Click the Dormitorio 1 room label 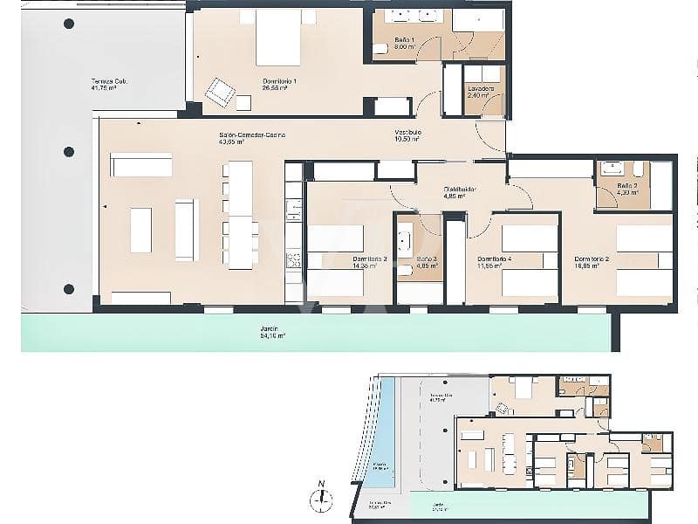point(279,85)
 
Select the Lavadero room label point(481,92)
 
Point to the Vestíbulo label point(407,135)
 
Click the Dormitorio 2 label point(592,262)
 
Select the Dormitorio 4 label point(494,262)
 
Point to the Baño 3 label point(426,262)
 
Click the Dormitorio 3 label point(370,262)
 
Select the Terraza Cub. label point(110,85)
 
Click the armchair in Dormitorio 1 point(220,92)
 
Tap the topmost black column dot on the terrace point(69,24)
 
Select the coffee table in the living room point(140,230)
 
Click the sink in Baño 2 point(610,168)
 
